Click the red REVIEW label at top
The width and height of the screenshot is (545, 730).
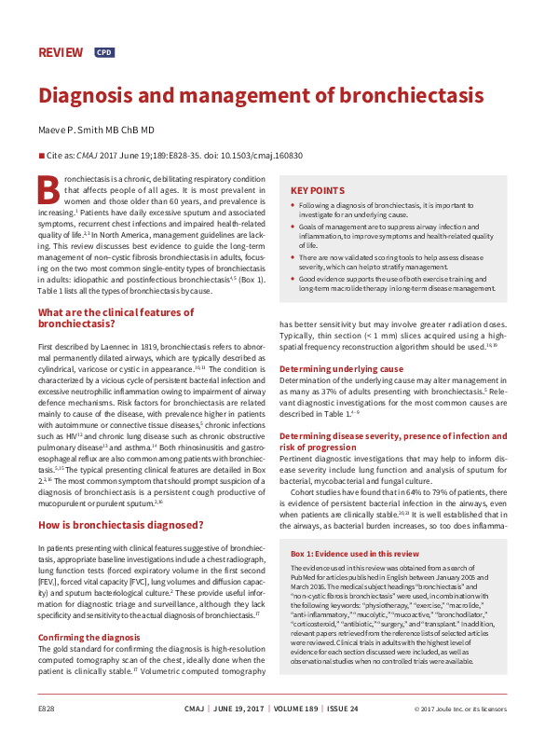(60, 52)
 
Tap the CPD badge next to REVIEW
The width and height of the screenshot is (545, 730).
(104, 53)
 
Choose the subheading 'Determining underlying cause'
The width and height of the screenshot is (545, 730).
(341, 369)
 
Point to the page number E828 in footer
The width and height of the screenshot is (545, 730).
(48, 709)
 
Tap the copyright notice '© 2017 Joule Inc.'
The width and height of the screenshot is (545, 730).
(438, 709)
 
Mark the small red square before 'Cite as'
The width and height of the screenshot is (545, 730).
(40, 157)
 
